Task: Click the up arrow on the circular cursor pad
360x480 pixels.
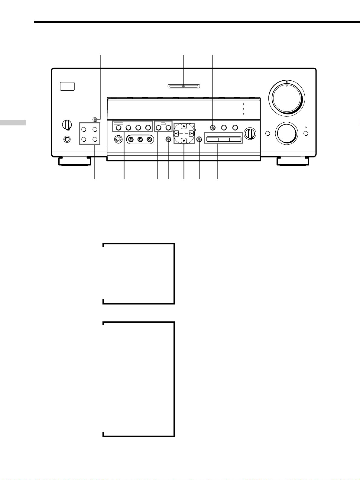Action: pyautogui.click(x=183, y=126)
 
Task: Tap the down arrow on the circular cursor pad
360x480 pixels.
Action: pyautogui.click(x=183, y=140)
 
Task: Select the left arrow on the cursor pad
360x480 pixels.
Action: pyautogui.click(x=176, y=133)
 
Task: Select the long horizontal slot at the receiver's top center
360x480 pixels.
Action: pyautogui.click(x=183, y=87)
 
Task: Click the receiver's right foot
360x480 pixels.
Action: pyautogui.click(x=293, y=161)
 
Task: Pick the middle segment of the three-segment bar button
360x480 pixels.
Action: pyautogui.click(x=224, y=140)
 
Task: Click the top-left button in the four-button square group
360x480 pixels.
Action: pyautogui.click(x=85, y=129)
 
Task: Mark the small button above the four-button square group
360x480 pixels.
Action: pyautogui.click(x=95, y=120)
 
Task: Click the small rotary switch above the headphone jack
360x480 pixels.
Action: pyautogui.click(x=67, y=124)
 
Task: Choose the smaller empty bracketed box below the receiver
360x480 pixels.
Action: pyautogui.click(x=138, y=274)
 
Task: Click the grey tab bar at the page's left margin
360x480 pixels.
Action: pyautogui.click(x=13, y=122)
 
